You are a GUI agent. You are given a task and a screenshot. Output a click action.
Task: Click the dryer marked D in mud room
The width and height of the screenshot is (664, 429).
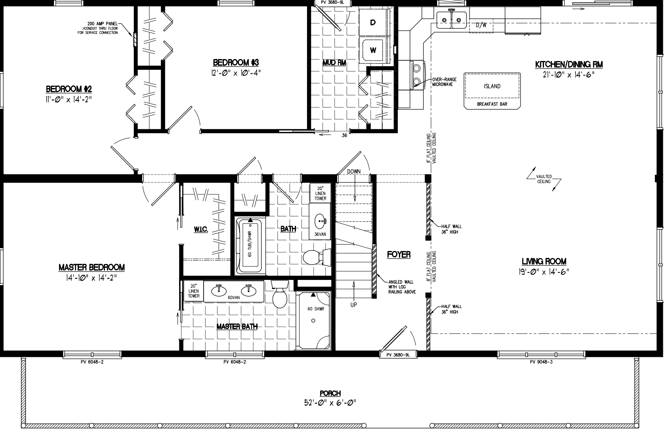[x=373, y=23]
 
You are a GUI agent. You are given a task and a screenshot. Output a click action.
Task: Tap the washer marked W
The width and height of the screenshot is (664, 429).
[x=373, y=50]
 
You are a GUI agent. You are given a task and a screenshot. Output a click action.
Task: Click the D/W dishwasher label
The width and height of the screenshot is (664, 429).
[x=481, y=25]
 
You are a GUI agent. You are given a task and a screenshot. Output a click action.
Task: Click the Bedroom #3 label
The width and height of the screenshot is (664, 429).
[x=236, y=62]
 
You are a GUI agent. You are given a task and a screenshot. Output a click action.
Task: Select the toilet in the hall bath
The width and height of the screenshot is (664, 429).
[x=316, y=257]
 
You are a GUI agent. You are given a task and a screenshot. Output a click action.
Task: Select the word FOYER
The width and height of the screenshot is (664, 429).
[x=399, y=255]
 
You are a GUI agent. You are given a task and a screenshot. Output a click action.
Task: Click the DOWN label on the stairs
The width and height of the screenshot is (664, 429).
[x=354, y=172]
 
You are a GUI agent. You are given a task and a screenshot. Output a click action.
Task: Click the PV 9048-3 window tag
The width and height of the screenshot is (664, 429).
[x=541, y=362]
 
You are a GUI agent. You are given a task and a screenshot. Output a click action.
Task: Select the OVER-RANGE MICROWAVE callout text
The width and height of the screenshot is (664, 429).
[x=444, y=82]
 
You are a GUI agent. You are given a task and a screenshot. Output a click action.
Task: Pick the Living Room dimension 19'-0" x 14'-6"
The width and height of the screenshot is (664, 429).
[x=544, y=272]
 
